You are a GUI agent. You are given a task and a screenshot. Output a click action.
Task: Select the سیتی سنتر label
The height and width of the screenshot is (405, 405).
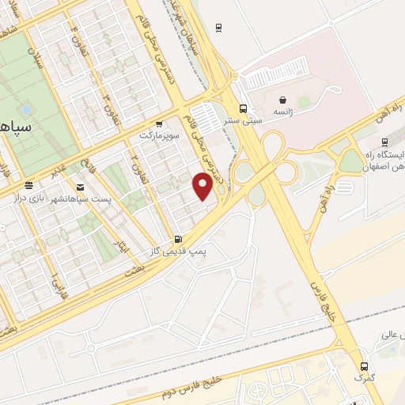(x=242, y=121)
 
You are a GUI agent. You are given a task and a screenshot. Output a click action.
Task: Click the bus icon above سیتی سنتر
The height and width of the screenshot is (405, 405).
(x=243, y=109)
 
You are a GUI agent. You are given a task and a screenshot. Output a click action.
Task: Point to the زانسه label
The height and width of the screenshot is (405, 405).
(x=282, y=113)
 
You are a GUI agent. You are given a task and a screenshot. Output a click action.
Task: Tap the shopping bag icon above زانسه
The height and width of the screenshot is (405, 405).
(x=282, y=100)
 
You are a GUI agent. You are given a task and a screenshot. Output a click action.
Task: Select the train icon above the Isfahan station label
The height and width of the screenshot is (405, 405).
(x=384, y=143)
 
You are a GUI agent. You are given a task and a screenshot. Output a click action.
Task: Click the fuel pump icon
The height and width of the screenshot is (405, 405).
(x=177, y=238)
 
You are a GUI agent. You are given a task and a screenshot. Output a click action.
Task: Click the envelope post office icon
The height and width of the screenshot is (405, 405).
(x=79, y=187)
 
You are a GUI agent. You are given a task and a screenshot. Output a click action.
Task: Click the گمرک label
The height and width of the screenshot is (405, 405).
(x=364, y=378)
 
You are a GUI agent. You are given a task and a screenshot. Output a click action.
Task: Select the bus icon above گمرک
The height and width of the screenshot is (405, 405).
(x=364, y=366)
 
